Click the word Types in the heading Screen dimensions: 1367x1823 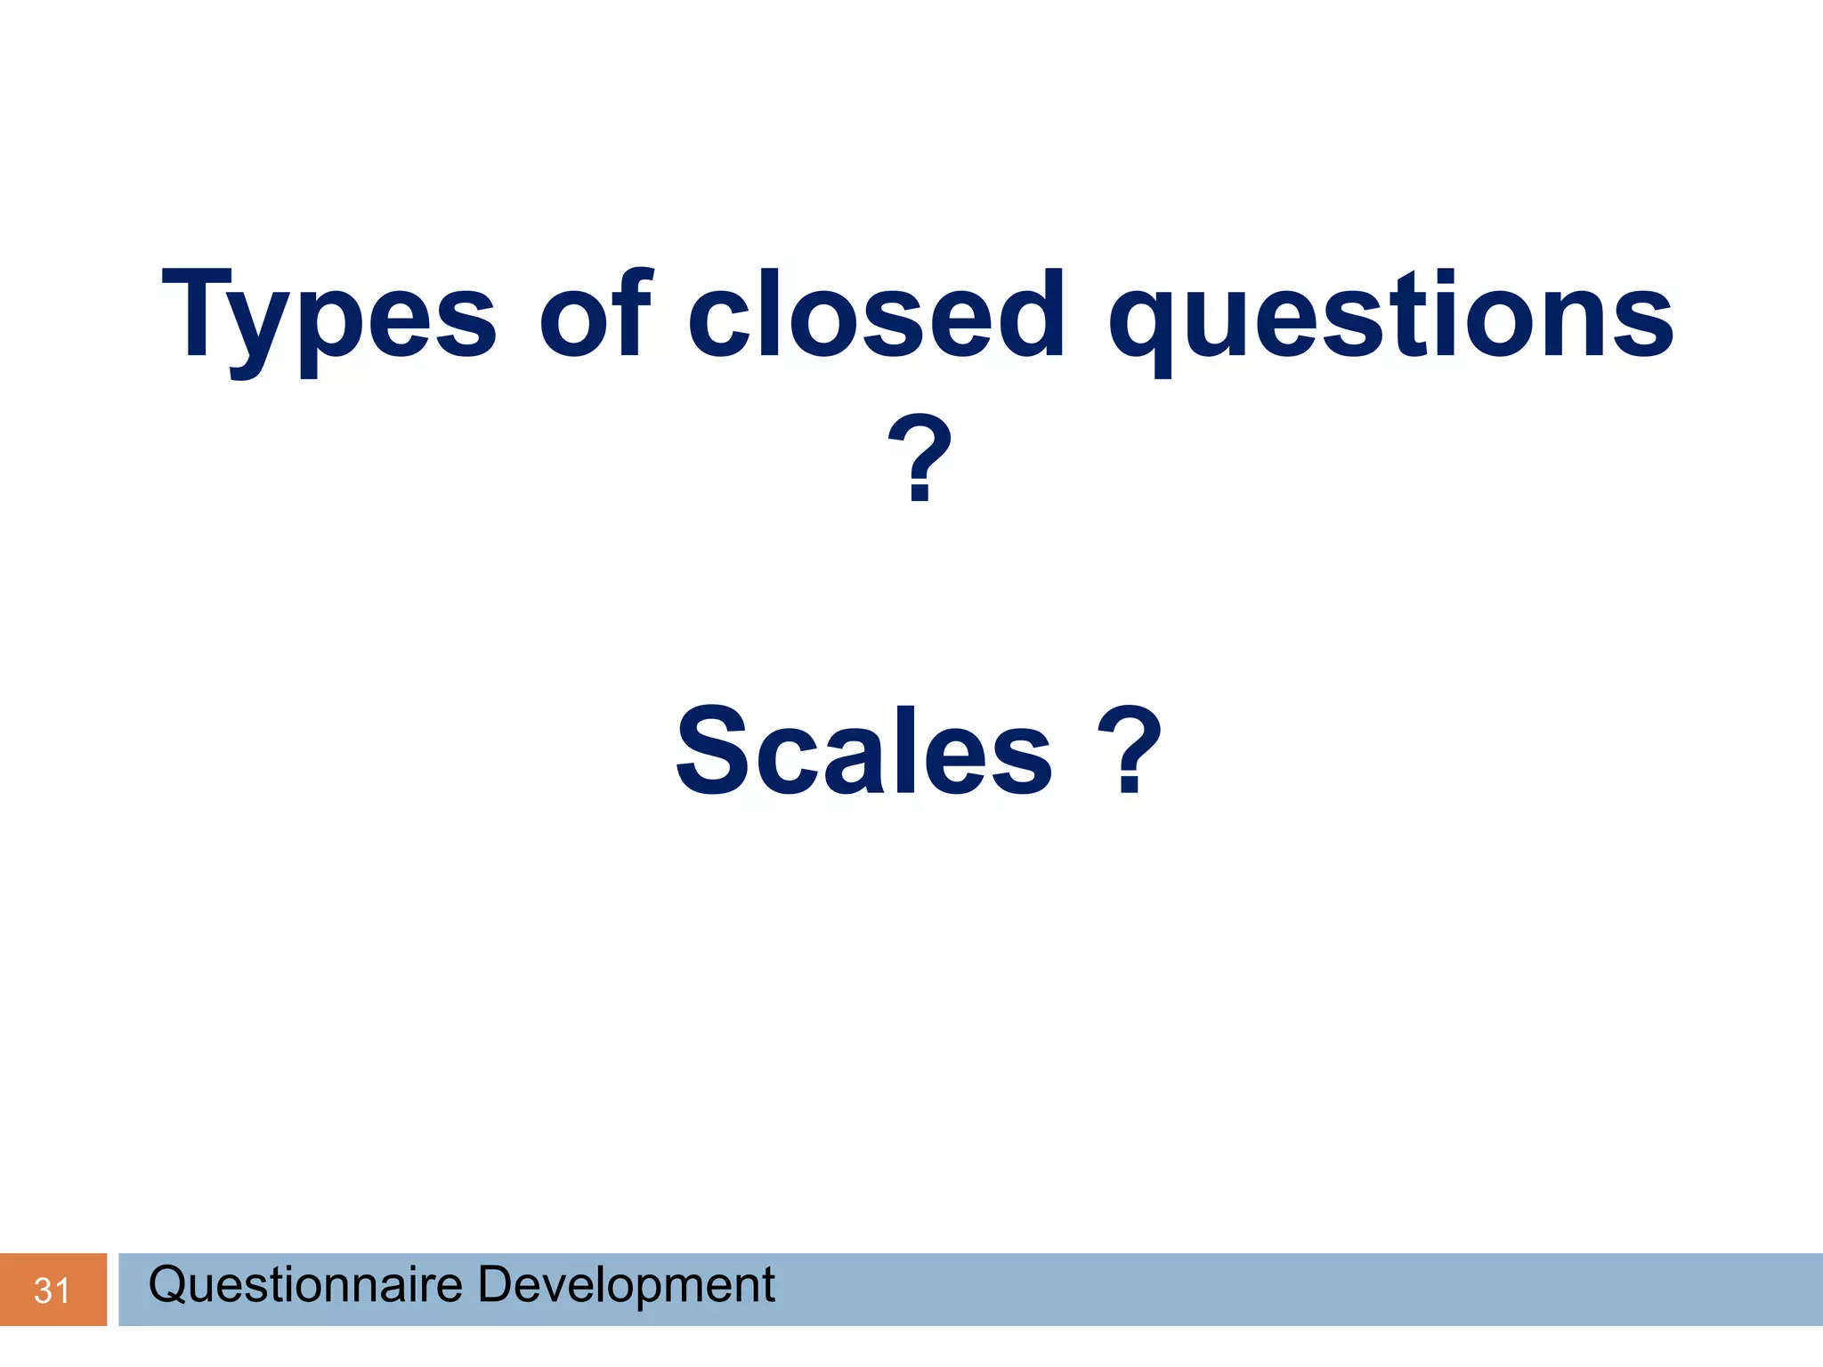(x=328, y=316)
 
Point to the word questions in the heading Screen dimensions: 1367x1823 (x=1391, y=316)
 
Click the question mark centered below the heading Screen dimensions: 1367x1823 (x=920, y=457)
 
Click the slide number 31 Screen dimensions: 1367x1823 (x=52, y=1290)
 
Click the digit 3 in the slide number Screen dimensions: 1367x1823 (x=43, y=1290)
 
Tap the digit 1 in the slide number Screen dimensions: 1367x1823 (x=61, y=1290)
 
